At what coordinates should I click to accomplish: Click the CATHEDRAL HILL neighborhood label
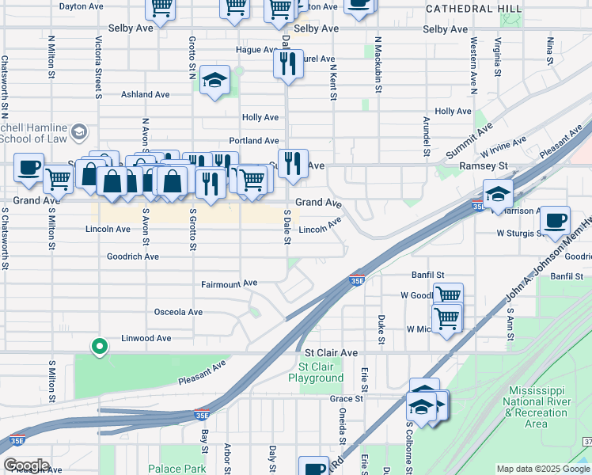[473, 8]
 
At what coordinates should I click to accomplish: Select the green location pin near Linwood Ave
[99, 347]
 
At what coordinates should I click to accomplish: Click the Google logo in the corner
[26, 465]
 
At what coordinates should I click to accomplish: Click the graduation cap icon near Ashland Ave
[214, 81]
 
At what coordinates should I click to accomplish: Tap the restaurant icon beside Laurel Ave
[289, 63]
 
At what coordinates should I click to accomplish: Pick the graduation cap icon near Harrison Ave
[498, 194]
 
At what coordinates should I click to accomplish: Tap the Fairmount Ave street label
[230, 283]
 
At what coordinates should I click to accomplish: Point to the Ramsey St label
[483, 166]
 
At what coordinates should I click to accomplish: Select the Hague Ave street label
[254, 49]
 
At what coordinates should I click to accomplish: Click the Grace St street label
[347, 398]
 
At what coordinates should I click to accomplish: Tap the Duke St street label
[381, 332]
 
